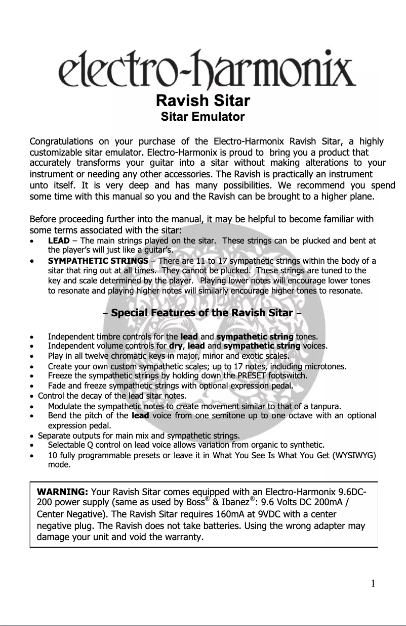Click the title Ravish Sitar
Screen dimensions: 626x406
202,101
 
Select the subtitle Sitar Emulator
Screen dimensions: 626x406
202,117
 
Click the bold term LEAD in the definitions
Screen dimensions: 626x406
59,240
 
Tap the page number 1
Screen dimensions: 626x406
373,584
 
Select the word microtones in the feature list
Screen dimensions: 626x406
326,366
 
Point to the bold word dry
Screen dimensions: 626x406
175,346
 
